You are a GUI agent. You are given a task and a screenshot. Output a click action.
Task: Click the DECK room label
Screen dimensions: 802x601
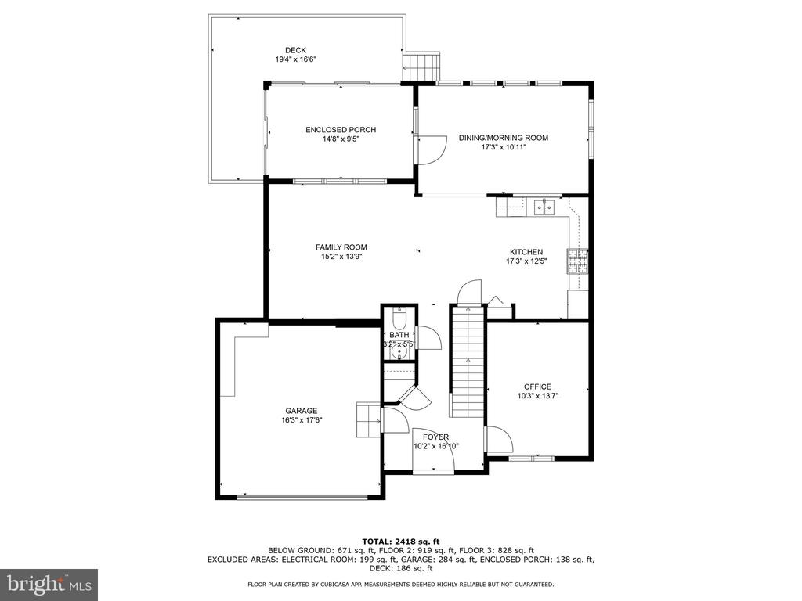[295, 50]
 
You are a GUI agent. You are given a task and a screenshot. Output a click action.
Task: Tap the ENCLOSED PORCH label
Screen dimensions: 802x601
[341, 130]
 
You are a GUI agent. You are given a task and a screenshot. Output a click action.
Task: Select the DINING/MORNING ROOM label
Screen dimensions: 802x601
[504, 138]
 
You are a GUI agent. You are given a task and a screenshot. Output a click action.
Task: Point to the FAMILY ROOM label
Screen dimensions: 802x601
[341, 247]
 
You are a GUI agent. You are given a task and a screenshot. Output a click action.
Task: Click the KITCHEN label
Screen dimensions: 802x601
[526, 252]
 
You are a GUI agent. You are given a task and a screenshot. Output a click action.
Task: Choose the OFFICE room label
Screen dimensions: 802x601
[537, 387]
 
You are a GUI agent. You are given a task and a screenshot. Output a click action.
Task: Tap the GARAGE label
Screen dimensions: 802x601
[302, 411]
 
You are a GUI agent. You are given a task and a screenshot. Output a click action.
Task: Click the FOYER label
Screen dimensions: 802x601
[435, 437]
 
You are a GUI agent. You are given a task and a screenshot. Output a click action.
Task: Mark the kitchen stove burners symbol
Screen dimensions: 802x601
[577, 261]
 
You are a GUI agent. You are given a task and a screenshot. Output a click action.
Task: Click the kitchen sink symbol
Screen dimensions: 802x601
[544, 207]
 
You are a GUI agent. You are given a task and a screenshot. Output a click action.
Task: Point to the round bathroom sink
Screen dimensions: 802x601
[399, 352]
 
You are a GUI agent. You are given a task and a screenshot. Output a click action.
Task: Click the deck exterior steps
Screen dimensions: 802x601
[421, 66]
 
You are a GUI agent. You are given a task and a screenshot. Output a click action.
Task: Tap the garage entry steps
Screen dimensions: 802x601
[368, 419]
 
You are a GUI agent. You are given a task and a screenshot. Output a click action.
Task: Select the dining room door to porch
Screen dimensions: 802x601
[432, 149]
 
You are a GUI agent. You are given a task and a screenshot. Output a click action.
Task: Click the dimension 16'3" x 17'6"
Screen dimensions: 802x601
[302, 420]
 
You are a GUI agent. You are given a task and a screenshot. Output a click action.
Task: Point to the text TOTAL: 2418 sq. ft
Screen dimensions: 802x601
[401, 542]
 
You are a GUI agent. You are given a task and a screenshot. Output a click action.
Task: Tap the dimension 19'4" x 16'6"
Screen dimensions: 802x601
[295, 59]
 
